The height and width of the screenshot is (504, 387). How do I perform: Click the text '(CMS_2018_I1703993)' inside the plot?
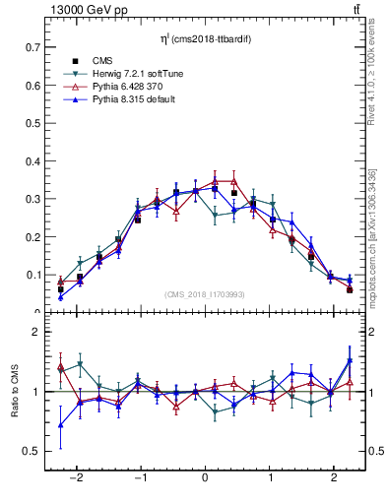pyautogui.click(x=204, y=293)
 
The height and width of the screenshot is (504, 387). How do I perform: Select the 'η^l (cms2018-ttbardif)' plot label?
pyautogui.click(x=204, y=38)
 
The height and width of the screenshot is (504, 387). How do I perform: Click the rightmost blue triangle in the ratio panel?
pyautogui.click(x=349, y=360)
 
